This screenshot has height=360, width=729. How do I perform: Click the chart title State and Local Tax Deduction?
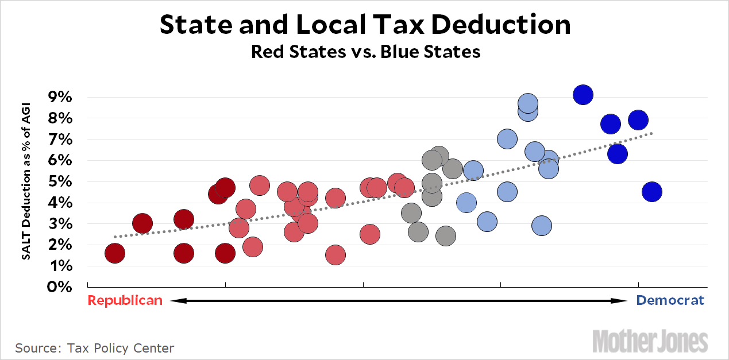tap(365, 25)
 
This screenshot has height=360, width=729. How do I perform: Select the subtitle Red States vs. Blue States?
tap(365, 52)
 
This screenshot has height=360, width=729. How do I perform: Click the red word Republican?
tap(125, 300)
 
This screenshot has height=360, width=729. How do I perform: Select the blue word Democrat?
tap(670, 300)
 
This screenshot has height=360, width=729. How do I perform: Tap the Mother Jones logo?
tap(650, 340)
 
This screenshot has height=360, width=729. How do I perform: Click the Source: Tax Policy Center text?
tap(94, 348)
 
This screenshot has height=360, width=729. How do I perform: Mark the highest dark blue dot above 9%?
tap(583, 95)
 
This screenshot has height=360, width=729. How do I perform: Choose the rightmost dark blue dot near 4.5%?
tap(652, 191)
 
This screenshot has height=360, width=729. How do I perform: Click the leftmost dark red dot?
tap(115, 253)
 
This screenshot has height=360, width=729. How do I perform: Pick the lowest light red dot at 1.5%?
tap(335, 255)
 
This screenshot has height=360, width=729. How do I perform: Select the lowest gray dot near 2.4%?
tap(446, 235)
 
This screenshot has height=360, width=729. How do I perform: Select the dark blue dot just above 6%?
tap(617, 154)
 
